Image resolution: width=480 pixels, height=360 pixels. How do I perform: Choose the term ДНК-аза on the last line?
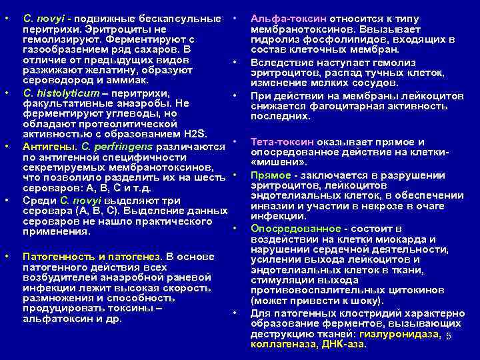[343, 344]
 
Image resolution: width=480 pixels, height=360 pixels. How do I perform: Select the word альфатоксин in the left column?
[55, 319]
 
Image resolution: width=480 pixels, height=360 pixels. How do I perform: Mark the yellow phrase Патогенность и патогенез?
[91, 256]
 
